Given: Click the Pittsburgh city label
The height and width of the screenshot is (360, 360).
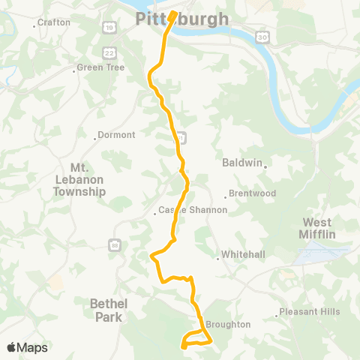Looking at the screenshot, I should click(x=175, y=18).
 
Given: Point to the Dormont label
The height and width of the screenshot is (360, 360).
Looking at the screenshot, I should click(x=117, y=136).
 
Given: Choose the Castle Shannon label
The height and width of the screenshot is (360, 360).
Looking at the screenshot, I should click(x=194, y=211).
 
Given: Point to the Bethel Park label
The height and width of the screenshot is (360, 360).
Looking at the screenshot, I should click(x=109, y=310).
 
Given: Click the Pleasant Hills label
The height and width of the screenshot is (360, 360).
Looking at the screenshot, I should click(x=310, y=312).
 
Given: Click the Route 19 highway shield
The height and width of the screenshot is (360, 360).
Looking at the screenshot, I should click(x=109, y=28).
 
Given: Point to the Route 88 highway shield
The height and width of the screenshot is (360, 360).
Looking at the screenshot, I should click(x=114, y=244).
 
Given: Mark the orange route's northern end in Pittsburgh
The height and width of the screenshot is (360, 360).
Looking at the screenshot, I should click(x=172, y=13).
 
